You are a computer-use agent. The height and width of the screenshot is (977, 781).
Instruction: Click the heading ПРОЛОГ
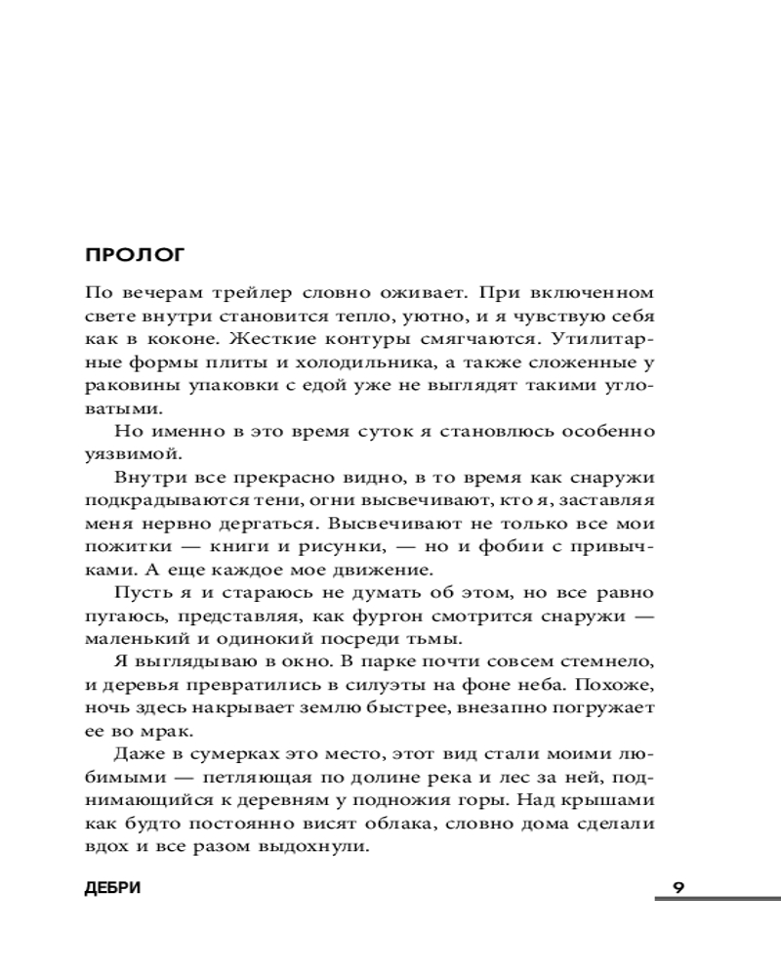(x=135, y=257)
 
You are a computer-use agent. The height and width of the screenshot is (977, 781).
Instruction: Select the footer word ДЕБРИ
(x=114, y=887)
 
